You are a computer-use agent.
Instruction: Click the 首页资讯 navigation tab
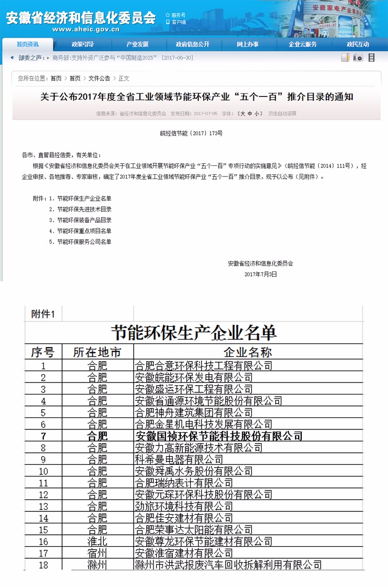click(27, 44)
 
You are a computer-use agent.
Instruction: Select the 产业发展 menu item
click(137, 44)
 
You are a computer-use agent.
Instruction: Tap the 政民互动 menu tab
click(358, 44)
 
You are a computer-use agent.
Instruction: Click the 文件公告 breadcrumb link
click(99, 78)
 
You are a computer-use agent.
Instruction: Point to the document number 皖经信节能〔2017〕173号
click(191, 134)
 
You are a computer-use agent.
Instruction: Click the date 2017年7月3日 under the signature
click(261, 274)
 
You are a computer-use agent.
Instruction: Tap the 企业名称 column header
click(248, 352)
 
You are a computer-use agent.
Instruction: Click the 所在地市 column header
click(97, 352)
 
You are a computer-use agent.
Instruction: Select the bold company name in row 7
click(219, 436)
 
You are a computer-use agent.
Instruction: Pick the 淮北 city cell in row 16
click(97, 541)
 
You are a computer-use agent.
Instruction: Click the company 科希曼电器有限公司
click(179, 459)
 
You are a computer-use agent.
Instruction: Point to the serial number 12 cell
click(43, 494)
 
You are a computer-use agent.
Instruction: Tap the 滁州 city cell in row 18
click(97, 565)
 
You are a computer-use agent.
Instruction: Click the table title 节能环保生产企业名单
click(194, 332)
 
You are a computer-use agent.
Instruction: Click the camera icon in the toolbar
click(358, 58)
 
